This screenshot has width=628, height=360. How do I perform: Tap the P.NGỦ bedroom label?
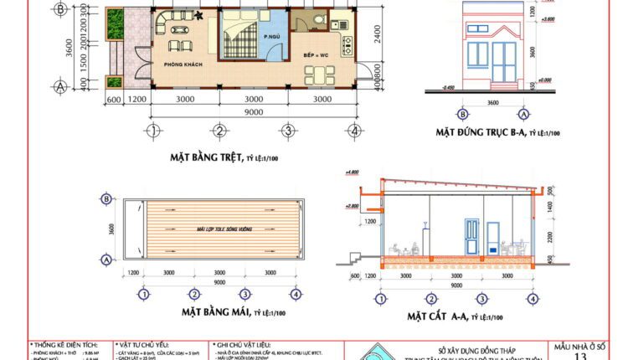tap(269, 38)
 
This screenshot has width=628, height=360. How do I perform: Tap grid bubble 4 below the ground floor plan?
tap(355, 131)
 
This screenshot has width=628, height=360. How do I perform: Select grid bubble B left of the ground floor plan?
tap(60, 9)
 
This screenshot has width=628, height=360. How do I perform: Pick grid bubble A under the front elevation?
tap(524, 114)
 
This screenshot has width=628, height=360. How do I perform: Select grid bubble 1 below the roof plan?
tap(144, 293)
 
